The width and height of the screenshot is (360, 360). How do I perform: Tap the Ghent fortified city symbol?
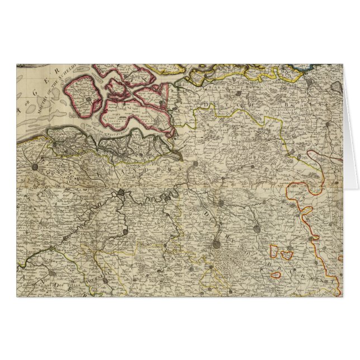(x=122, y=193)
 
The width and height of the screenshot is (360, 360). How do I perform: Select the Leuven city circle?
(x=255, y=228)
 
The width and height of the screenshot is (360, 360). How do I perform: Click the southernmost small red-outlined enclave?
(x=276, y=274)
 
